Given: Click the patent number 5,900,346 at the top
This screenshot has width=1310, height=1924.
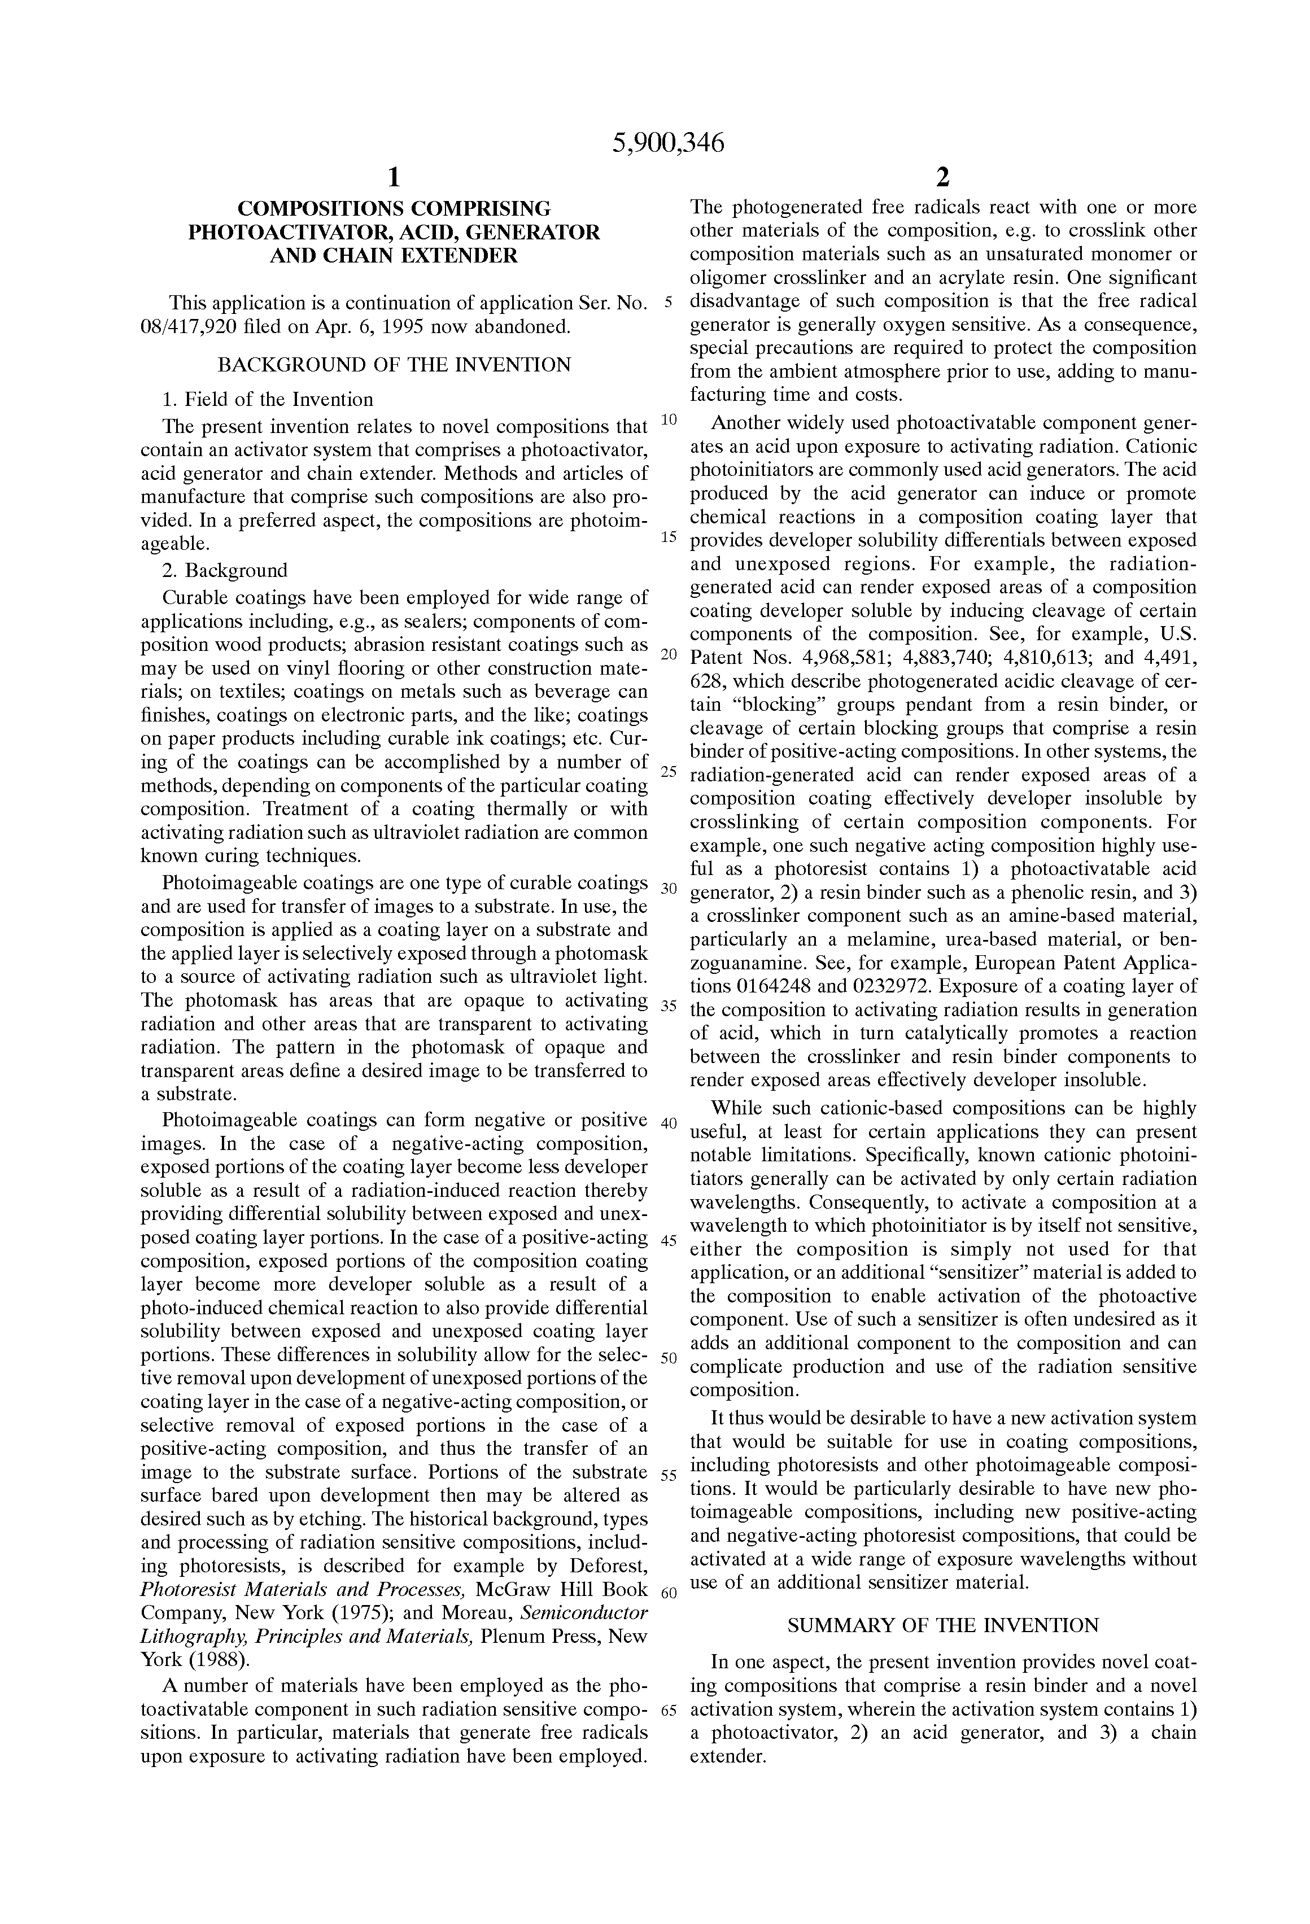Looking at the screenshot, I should (x=667, y=144).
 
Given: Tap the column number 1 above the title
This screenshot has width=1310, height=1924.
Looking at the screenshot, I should (x=394, y=177).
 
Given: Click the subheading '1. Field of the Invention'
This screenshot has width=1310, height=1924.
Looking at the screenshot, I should (x=268, y=400).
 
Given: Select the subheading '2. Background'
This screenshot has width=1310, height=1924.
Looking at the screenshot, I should (x=225, y=570).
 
